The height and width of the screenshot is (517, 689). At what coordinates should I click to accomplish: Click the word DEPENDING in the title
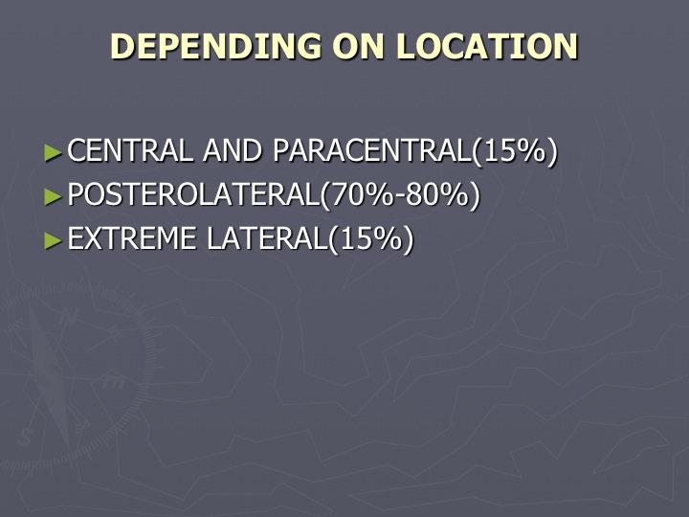point(215,46)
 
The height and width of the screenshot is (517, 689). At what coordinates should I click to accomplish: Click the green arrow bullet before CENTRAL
point(54,153)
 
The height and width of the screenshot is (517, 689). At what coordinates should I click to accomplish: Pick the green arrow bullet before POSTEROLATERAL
point(54,196)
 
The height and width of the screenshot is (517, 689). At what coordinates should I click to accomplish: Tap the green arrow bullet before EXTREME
point(54,240)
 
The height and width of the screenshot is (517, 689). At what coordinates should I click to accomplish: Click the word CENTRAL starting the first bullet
point(130,150)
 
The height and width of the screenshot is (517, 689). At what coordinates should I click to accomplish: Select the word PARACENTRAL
point(372,150)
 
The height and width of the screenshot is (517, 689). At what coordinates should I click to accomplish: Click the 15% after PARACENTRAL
point(515,151)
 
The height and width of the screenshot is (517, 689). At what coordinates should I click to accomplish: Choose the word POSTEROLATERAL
point(193,194)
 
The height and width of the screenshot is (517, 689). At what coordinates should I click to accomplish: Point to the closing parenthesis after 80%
point(475,195)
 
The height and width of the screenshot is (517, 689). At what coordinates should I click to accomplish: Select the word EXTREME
point(131,238)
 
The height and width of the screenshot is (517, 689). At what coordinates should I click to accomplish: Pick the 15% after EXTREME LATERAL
point(371,238)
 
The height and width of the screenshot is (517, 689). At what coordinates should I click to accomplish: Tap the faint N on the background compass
point(68,316)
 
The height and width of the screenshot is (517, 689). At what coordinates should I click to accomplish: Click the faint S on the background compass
point(25,437)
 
